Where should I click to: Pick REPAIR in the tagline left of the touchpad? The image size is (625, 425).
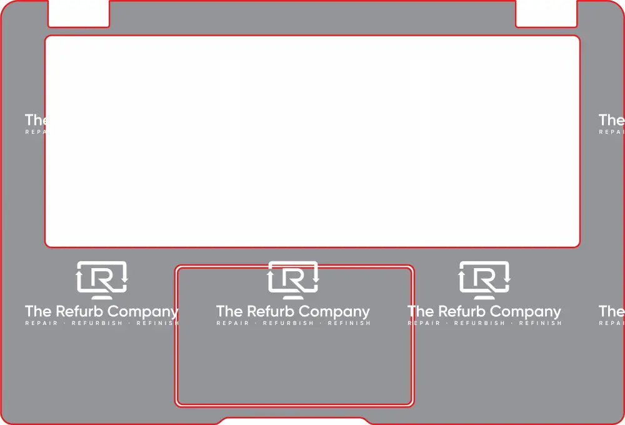tap(41, 323)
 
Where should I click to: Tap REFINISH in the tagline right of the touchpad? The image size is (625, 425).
tap(540, 323)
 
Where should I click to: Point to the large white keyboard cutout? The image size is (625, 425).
tap(312, 141)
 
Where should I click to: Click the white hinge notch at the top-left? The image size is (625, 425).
tap(78, 13)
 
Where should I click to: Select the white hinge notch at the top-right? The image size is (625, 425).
tap(546, 13)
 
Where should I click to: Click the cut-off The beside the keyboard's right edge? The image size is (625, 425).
tap(612, 119)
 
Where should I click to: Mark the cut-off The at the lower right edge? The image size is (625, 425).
tap(612, 311)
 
